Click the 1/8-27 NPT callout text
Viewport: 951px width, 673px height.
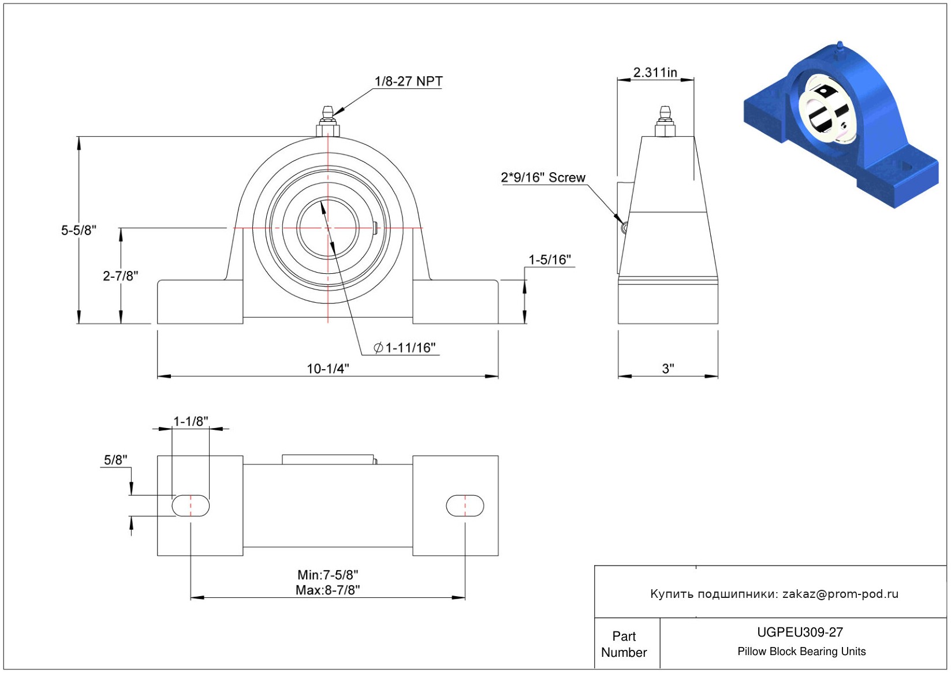tap(408, 81)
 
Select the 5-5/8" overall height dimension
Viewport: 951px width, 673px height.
tap(79, 230)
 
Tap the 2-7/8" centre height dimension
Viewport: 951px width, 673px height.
tap(120, 276)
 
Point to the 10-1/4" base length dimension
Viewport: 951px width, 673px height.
tap(327, 369)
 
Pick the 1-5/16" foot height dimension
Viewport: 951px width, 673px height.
tap(549, 260)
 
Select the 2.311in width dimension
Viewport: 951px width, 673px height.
tap(655, 73)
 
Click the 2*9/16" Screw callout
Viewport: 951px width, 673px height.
tap(543, 177)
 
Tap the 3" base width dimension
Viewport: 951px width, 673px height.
tap(667, 369)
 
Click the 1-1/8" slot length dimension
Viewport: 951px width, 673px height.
tap(191, 422)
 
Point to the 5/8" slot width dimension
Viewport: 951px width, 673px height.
tap(115, 460)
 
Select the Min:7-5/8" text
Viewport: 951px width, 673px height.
tap(327, 575)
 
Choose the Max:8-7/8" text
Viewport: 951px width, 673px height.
tap(327, 590)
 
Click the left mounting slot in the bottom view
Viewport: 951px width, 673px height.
tap(191, 505)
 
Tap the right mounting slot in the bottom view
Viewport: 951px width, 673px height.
tap(465, 505)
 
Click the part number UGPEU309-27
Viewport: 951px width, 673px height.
tap(800, 632)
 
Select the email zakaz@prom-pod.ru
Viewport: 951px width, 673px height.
tap(840, 594)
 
